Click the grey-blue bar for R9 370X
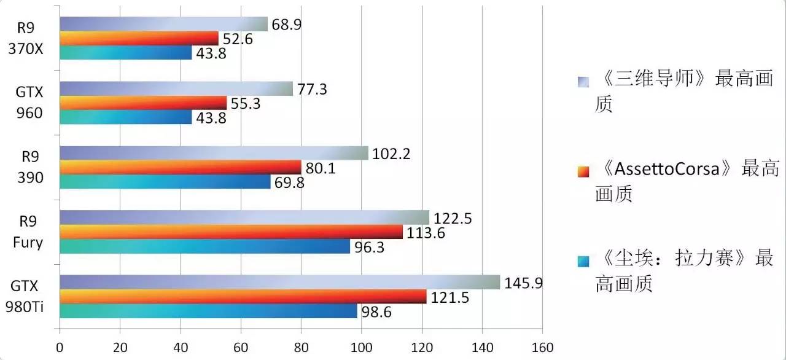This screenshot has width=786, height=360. [163, 24]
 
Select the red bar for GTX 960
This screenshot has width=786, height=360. [143, 103]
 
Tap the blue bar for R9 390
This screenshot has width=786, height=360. [165, 182]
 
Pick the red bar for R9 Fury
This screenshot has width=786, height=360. [231, 232]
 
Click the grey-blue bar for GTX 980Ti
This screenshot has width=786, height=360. [279, 282]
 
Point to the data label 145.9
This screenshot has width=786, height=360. [523, 283]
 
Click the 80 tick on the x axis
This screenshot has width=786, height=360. [301, 346]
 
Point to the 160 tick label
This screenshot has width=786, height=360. [542, 346]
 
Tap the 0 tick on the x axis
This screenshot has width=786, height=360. [60, 346]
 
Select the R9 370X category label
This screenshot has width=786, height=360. [28, 38]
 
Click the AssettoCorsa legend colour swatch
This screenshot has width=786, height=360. [583, 170]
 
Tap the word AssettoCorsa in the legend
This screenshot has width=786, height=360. [666, 169]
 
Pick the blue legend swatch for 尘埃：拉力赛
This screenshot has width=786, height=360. [583, 260]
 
